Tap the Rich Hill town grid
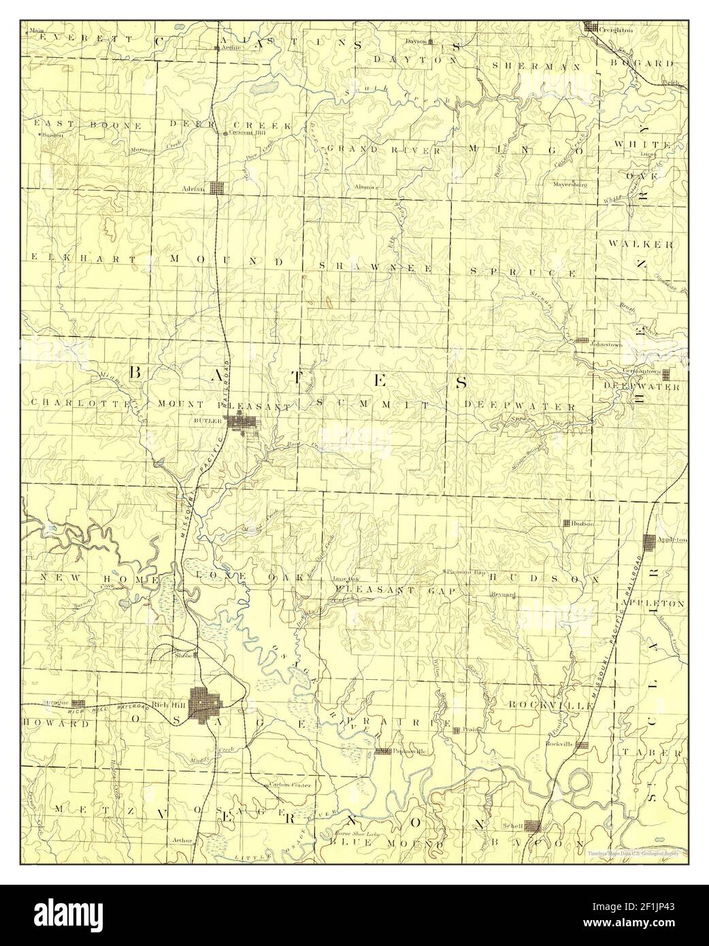click(202, 701)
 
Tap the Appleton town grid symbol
click(649, 542)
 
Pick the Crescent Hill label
click(247, 133)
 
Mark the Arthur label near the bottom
click(184, 840)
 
